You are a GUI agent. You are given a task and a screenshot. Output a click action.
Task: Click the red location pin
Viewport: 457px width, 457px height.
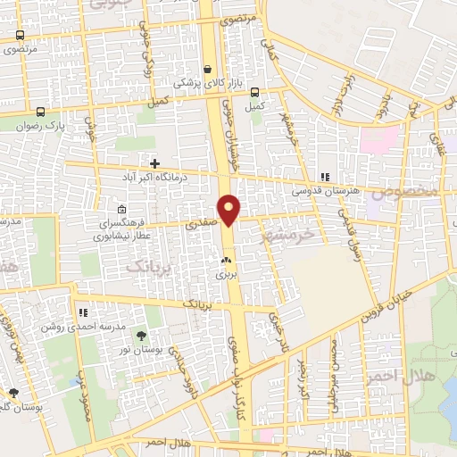tap(229, 209)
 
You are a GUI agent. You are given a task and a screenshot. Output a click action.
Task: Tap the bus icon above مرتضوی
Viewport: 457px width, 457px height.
tap(20, 36)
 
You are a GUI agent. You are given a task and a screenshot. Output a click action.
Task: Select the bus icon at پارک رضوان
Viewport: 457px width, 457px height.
tap(41, 112)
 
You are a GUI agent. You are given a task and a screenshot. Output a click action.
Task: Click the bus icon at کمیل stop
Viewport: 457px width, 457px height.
tap(255, 92)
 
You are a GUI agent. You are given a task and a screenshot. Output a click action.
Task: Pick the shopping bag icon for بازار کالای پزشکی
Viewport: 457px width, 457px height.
tap(207, 70)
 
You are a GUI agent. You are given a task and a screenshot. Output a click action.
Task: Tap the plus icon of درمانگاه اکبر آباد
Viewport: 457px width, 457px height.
tap(155, 164)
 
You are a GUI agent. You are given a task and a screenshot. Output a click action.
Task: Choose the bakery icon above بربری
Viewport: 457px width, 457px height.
tap(225, 262)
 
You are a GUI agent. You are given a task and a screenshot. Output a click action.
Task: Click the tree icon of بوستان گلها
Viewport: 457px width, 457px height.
tap(13, 393)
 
